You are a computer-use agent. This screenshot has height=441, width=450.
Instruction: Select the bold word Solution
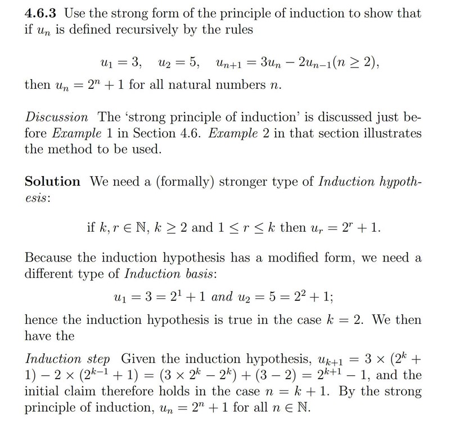(53, 182)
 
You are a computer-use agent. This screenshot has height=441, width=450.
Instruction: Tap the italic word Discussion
(56, 118)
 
